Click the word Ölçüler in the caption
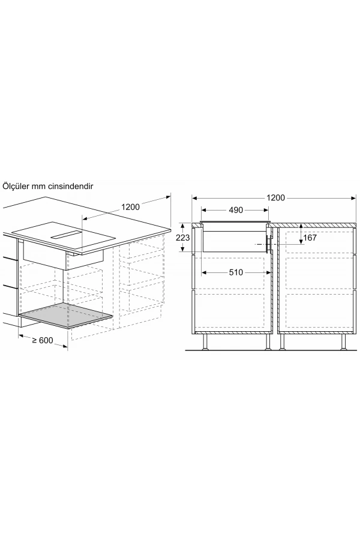(x=17, y=188)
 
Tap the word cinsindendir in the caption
(x=71, y=188)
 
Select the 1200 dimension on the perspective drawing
(x=130, y=207)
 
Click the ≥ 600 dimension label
(x=44, y=341)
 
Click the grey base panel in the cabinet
(x=65, y=319)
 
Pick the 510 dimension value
(x=235, y=272)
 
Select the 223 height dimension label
(x=184, y=238)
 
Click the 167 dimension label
(x=310, y=238)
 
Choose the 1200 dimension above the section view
(x=276, y=197)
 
